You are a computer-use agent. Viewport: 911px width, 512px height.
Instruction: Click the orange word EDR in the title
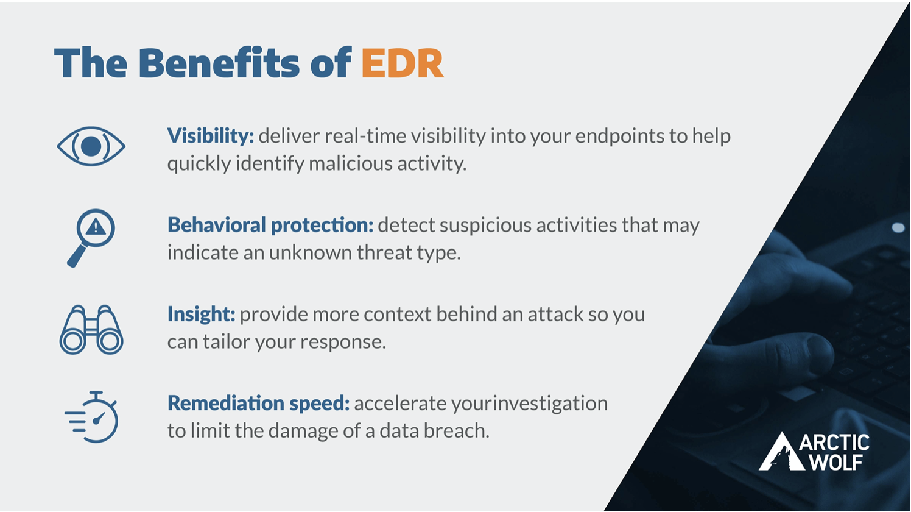pos(402,63)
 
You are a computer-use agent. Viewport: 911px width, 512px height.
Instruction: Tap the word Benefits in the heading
pos(219,63)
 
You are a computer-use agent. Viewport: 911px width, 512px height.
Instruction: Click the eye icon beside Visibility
pos(91,146)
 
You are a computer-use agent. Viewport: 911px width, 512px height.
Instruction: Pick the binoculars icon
pos(91,330)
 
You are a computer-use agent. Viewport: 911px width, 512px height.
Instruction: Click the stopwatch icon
pos(93,418)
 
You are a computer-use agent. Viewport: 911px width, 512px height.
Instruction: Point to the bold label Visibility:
pos(210,136)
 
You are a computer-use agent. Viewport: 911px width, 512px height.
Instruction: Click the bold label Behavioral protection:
pos(270,225)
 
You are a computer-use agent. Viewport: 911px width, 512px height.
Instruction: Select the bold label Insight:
pos(200,314)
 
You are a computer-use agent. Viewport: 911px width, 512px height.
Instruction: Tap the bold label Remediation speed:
pos(258,403)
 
